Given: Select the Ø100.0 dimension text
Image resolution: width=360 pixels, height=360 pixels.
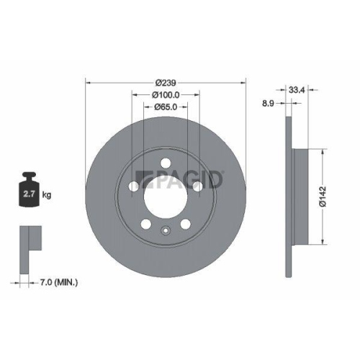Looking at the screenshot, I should click(x=166, y=95).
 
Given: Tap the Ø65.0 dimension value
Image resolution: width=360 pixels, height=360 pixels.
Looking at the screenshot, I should click(x=166, y=107).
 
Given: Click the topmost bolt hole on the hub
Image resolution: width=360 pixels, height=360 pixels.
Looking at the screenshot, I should click(x=166, y=162).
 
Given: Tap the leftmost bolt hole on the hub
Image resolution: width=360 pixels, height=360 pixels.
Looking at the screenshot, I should click(x=135, y=186).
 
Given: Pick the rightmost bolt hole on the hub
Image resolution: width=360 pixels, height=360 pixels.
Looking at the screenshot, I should click(x=197, y=186).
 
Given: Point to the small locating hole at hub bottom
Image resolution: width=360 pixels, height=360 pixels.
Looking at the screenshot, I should click(x=166, y=231).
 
